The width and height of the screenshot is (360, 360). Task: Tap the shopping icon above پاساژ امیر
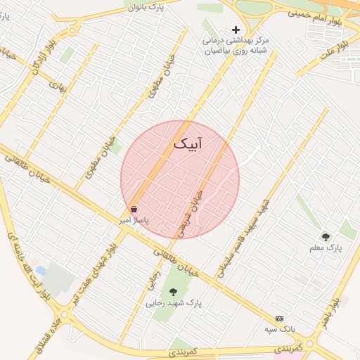pyautogui.click(x=134, y=210)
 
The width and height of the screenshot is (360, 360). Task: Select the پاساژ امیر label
pyautogui.click(x=134, y=220)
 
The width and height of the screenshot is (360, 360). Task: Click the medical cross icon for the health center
pyautogui.click(x=236, y=30)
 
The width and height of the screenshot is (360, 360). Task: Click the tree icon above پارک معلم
pyautogui.click(x=325, y=237)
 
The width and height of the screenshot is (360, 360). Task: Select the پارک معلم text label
pyautogui.click(x=325, y=248)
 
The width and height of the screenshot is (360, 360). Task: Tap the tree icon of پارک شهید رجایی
pyautogui.click(x=173, y=292)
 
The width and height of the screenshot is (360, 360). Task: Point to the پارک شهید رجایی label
pyautogui.click(x=173, y=304)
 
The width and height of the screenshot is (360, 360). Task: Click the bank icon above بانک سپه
pyautogui.click(x=280, y=319)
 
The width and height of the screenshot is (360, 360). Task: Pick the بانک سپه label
pyautogui.click(x=280, y=329)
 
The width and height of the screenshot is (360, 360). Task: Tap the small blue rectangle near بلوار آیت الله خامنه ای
pyautogui.click(x=41, y=271)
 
